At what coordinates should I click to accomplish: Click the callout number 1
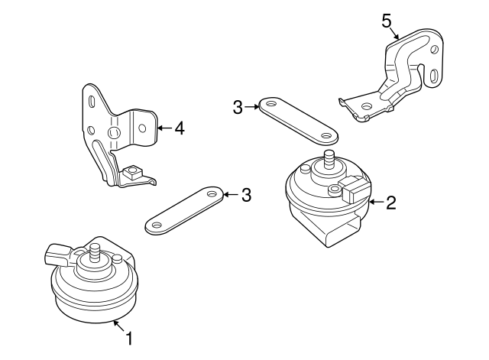tap(129, 337)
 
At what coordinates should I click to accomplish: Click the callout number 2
tap(390, 203)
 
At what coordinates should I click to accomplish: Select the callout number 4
tap(179, 128)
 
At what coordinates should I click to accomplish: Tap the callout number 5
tap(387, 20)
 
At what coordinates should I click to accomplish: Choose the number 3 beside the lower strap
tap(246, 195)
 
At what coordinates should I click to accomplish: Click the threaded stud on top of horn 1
tap(96, 250)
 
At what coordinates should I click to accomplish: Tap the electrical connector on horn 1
tap(57, 251)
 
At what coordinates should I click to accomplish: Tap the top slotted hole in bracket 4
tap(91, 102)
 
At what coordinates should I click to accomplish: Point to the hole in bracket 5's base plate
tap(368, 106)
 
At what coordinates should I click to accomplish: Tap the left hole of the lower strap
tap(156, 225)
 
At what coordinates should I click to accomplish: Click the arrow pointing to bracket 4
tap(164, 128)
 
